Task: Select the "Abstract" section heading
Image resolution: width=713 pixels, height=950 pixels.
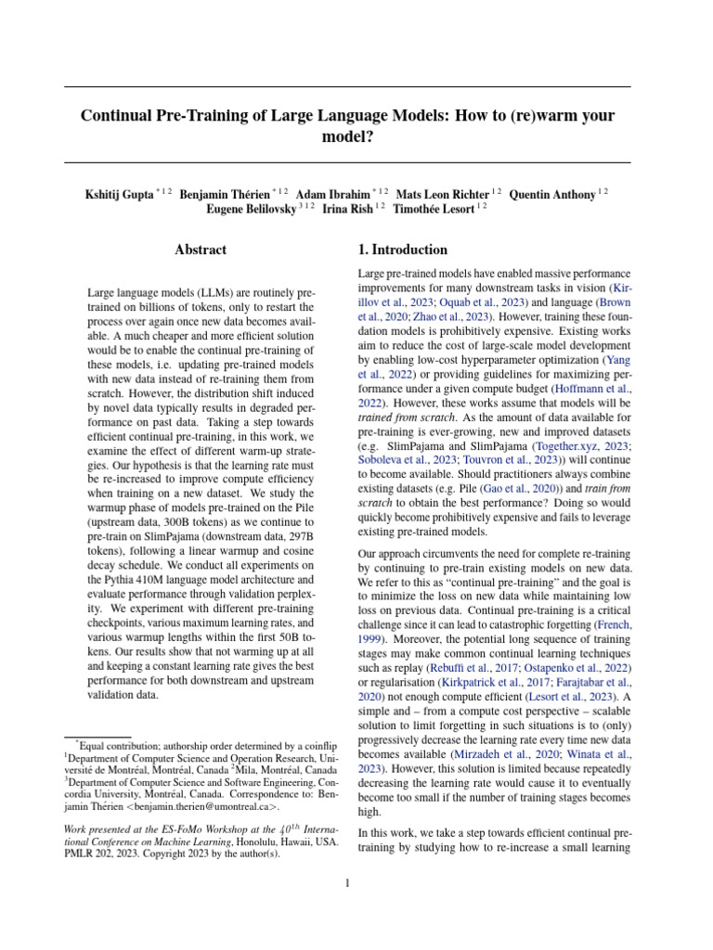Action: point(201,250)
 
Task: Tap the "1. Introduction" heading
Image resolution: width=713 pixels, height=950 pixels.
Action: point(403,250)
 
